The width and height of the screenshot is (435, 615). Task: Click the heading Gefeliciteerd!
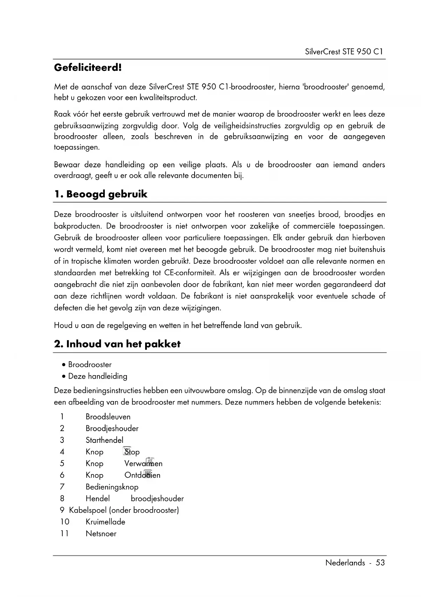88,67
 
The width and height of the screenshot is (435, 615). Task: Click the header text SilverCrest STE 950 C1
344,52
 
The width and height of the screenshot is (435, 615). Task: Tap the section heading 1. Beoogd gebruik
101,194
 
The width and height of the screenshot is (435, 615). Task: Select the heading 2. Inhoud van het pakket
117,344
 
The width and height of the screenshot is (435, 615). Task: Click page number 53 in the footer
380,563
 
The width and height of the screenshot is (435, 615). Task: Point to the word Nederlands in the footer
345,563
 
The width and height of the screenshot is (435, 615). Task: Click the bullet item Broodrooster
90,365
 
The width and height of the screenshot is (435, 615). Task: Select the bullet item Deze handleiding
97,376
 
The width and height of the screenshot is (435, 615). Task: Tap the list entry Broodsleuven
108,417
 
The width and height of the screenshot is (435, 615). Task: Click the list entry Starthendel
104,440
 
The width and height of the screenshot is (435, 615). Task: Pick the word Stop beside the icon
132,452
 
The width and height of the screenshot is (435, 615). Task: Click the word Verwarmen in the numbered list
143,464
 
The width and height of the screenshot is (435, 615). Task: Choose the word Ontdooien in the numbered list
142,475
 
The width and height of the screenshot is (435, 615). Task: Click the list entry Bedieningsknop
112,487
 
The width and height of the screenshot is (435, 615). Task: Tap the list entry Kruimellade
105,522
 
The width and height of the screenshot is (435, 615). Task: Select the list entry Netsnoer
101,534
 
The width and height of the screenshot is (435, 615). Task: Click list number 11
64,534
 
